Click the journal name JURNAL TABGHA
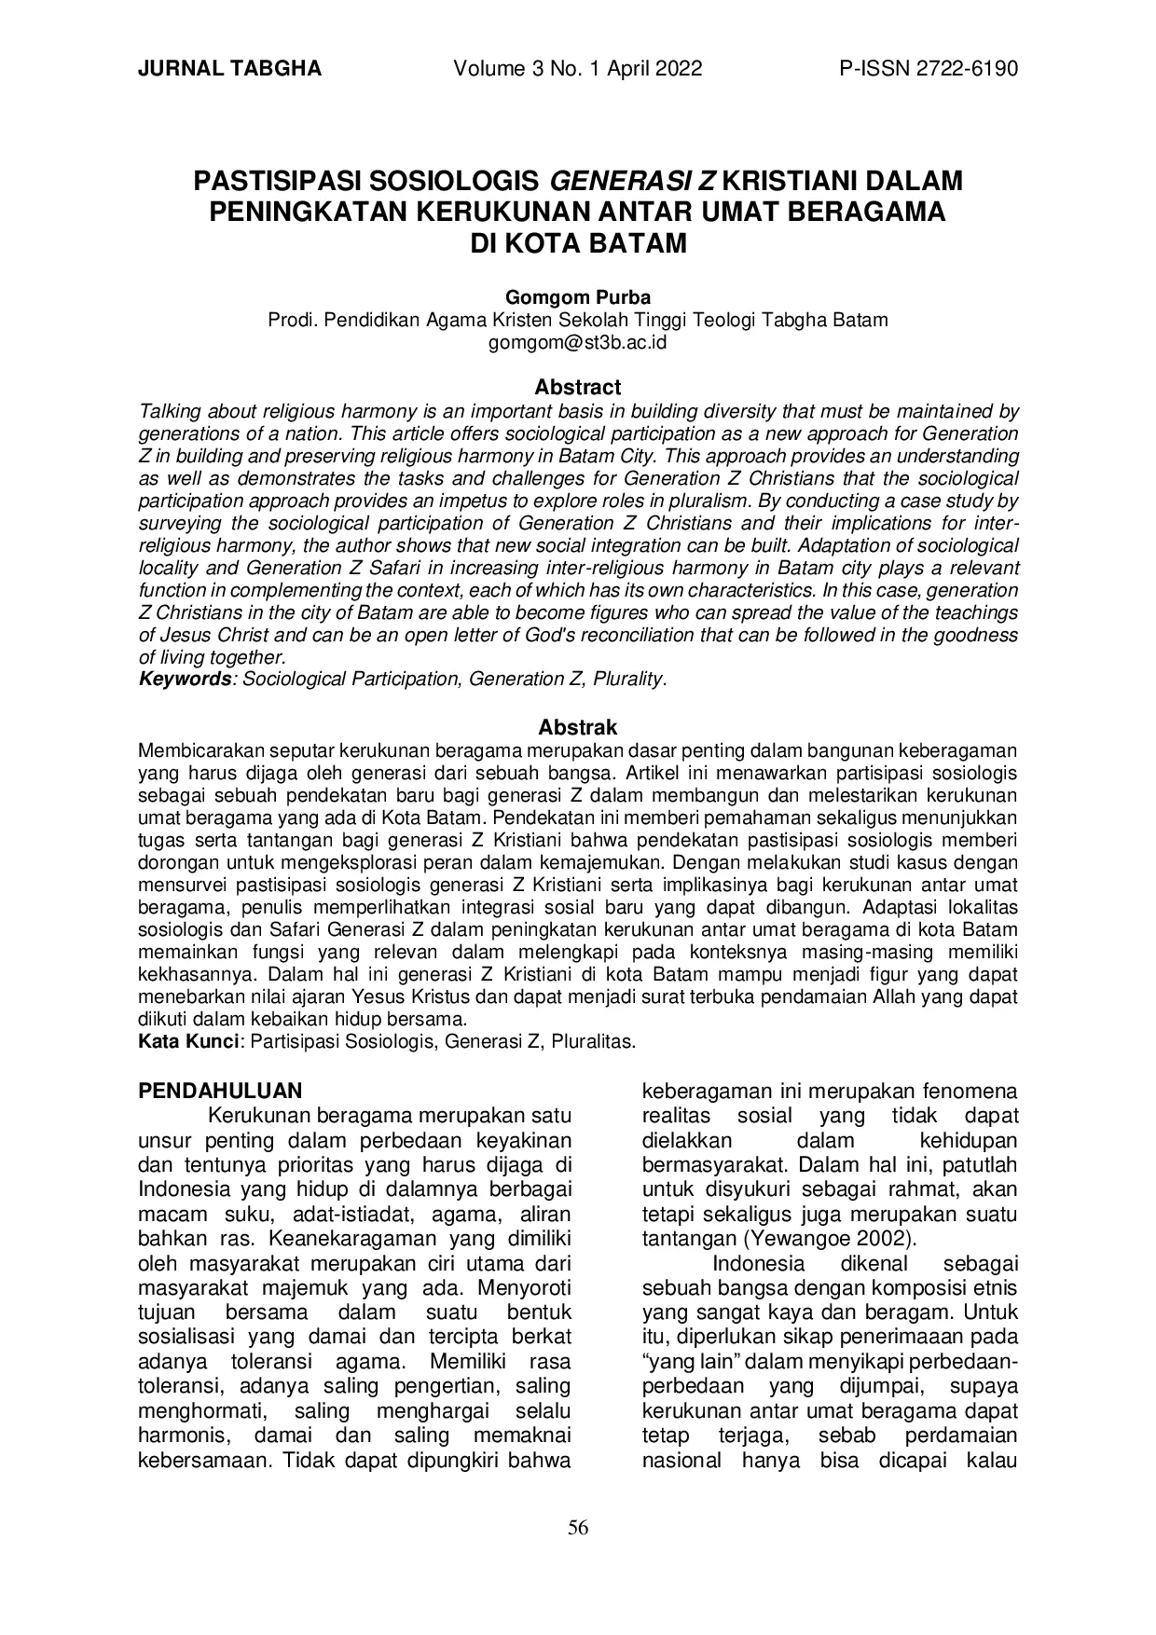(x=229, y=69)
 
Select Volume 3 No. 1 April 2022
(x=578, y=69)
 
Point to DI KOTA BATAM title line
(x=578, y=244)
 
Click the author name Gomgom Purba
(x=578, y=297)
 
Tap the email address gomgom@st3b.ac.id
(x=578, y=342)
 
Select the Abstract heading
(x=578, y=387)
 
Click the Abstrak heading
(x=578, y=727)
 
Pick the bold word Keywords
(x=185, y=679)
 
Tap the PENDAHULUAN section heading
(x=220, y=1091)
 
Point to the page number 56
(x=578, y=1528)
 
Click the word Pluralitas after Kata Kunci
(x=593, y=1041)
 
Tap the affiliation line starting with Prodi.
(x=578, y=320)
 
